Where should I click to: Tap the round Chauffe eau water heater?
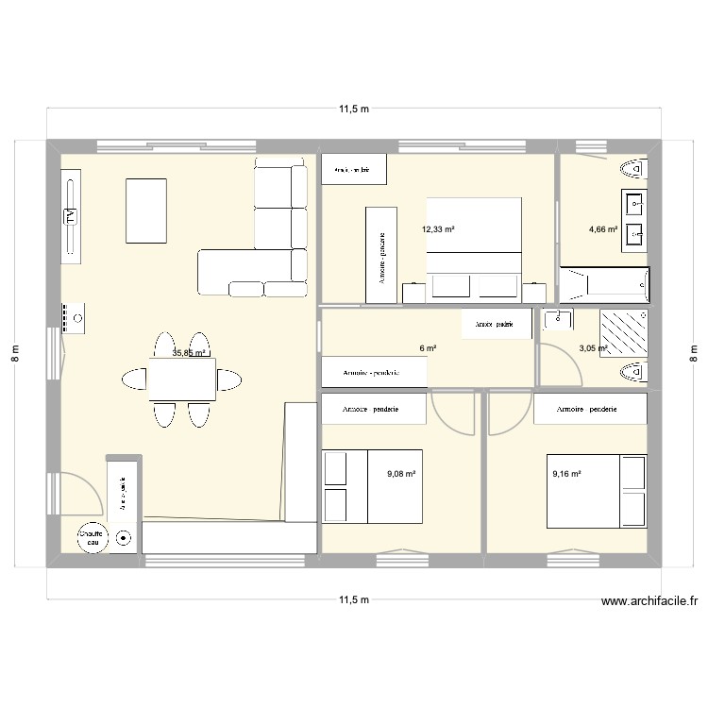pos(92,537)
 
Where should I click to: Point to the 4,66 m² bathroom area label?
pos(603,229)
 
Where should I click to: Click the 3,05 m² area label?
pos(593,348)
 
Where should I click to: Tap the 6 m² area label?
pos(429,348)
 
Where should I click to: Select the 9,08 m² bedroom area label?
pos(401,474)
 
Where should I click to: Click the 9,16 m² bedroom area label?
pos(566,474)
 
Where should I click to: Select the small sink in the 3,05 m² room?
pos(559,318)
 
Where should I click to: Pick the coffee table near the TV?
pos(146,210)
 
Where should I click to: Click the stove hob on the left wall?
pos(73,318)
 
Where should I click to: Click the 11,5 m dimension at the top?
pos(354,110)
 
